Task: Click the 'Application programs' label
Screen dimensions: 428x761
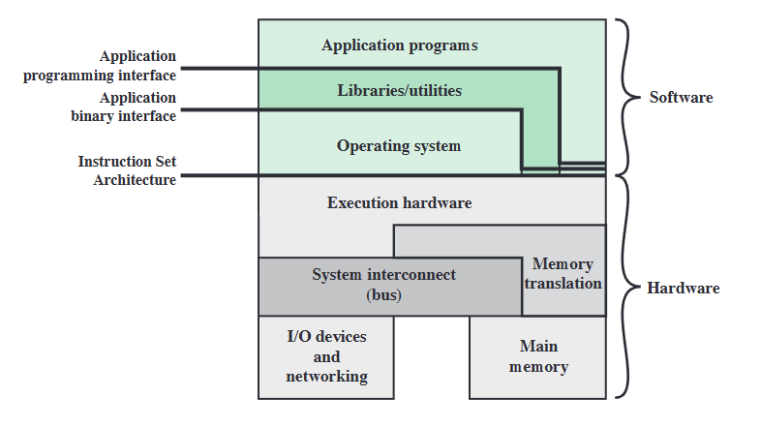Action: [400, 46]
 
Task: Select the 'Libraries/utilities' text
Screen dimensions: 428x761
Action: [399, 91]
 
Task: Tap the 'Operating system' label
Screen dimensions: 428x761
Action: [399, 146]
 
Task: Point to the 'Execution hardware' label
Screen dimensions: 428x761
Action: [399, 203]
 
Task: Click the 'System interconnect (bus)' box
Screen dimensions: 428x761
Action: [383, 285]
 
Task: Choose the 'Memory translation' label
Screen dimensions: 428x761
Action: [563, 274]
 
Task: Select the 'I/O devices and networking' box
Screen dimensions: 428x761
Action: [326, 356]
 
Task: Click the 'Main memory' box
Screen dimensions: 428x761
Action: [538, 356]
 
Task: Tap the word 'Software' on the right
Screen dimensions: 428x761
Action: [681, 97]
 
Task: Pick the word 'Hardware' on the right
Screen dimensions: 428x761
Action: [683, 289]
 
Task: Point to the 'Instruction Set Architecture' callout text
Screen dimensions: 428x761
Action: [127, 170]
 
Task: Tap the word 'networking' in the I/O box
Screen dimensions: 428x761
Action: [326, 377]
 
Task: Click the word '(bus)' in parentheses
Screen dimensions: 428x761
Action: [383, 294]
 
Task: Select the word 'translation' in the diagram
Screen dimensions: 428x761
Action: [563, 284]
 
